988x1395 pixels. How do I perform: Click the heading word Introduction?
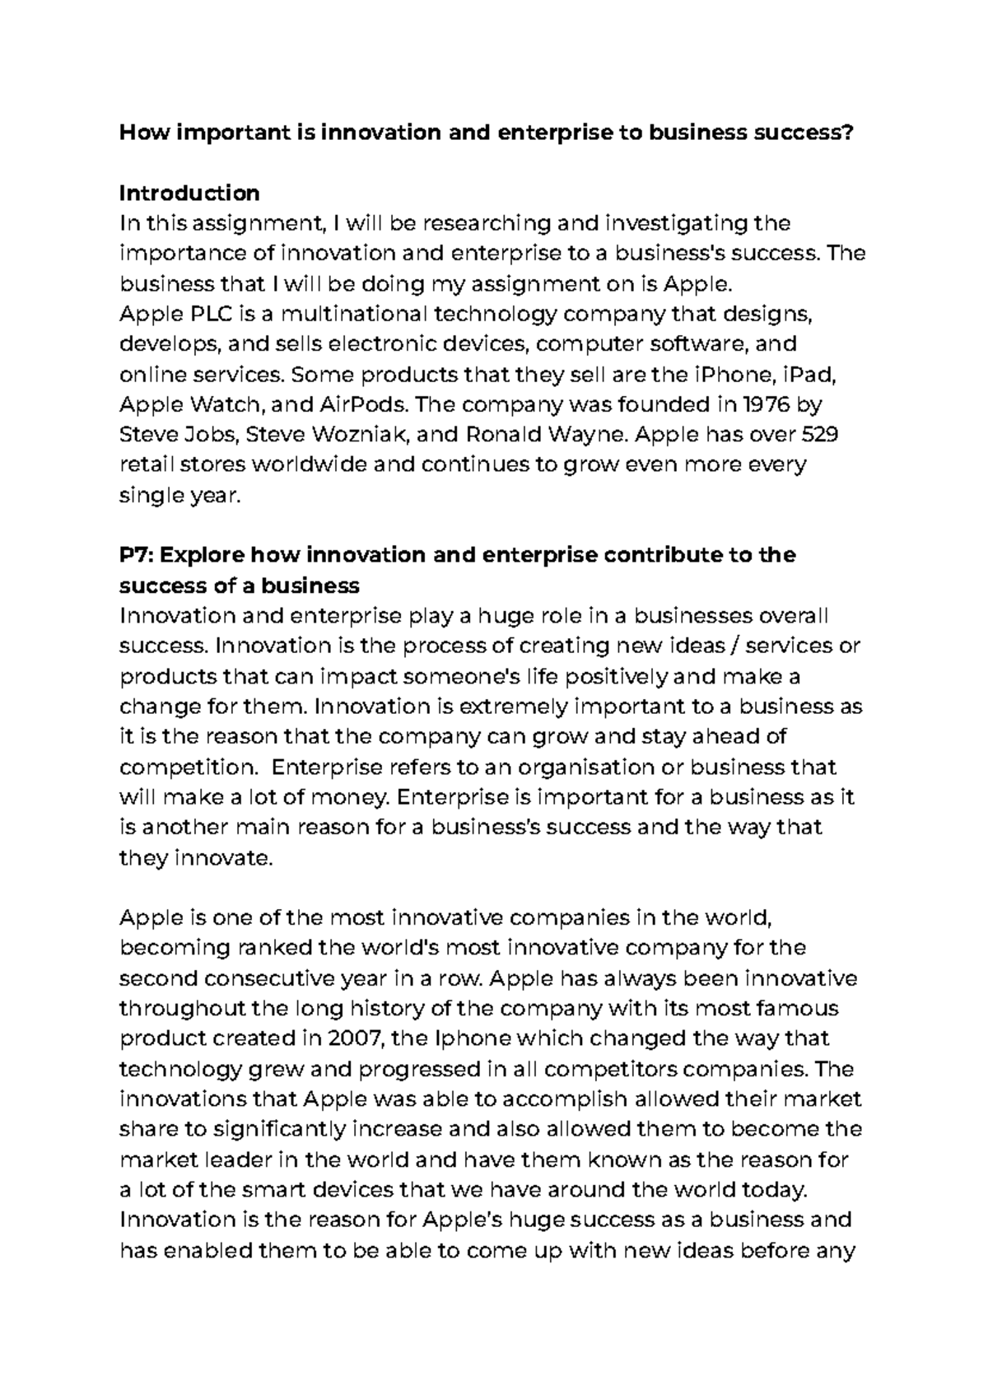tap(189, 194)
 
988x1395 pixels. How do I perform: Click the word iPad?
tap(810, 375)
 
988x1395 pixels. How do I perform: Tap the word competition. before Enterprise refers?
tap(189, 767)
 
